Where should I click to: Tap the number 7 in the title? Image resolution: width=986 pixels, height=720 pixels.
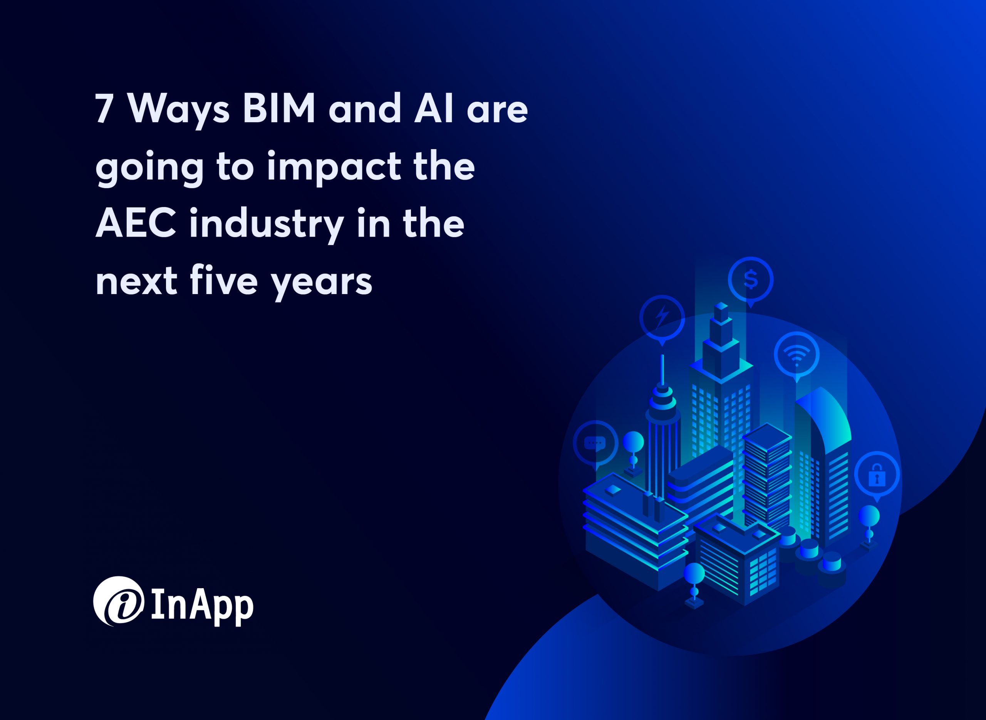[x=104, y=109]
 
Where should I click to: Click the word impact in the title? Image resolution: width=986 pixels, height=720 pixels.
[x=334, y=167]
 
